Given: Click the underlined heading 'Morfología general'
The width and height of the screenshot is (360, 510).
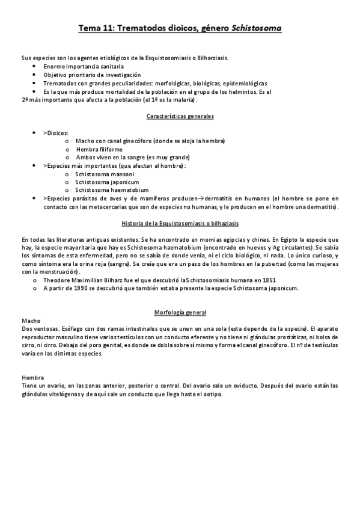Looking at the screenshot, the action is (x=180, y=313).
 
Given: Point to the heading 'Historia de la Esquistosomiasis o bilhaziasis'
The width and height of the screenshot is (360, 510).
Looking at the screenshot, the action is (x=180, y=224).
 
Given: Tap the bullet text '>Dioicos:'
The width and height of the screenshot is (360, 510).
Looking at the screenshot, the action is (x=56, y=132).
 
